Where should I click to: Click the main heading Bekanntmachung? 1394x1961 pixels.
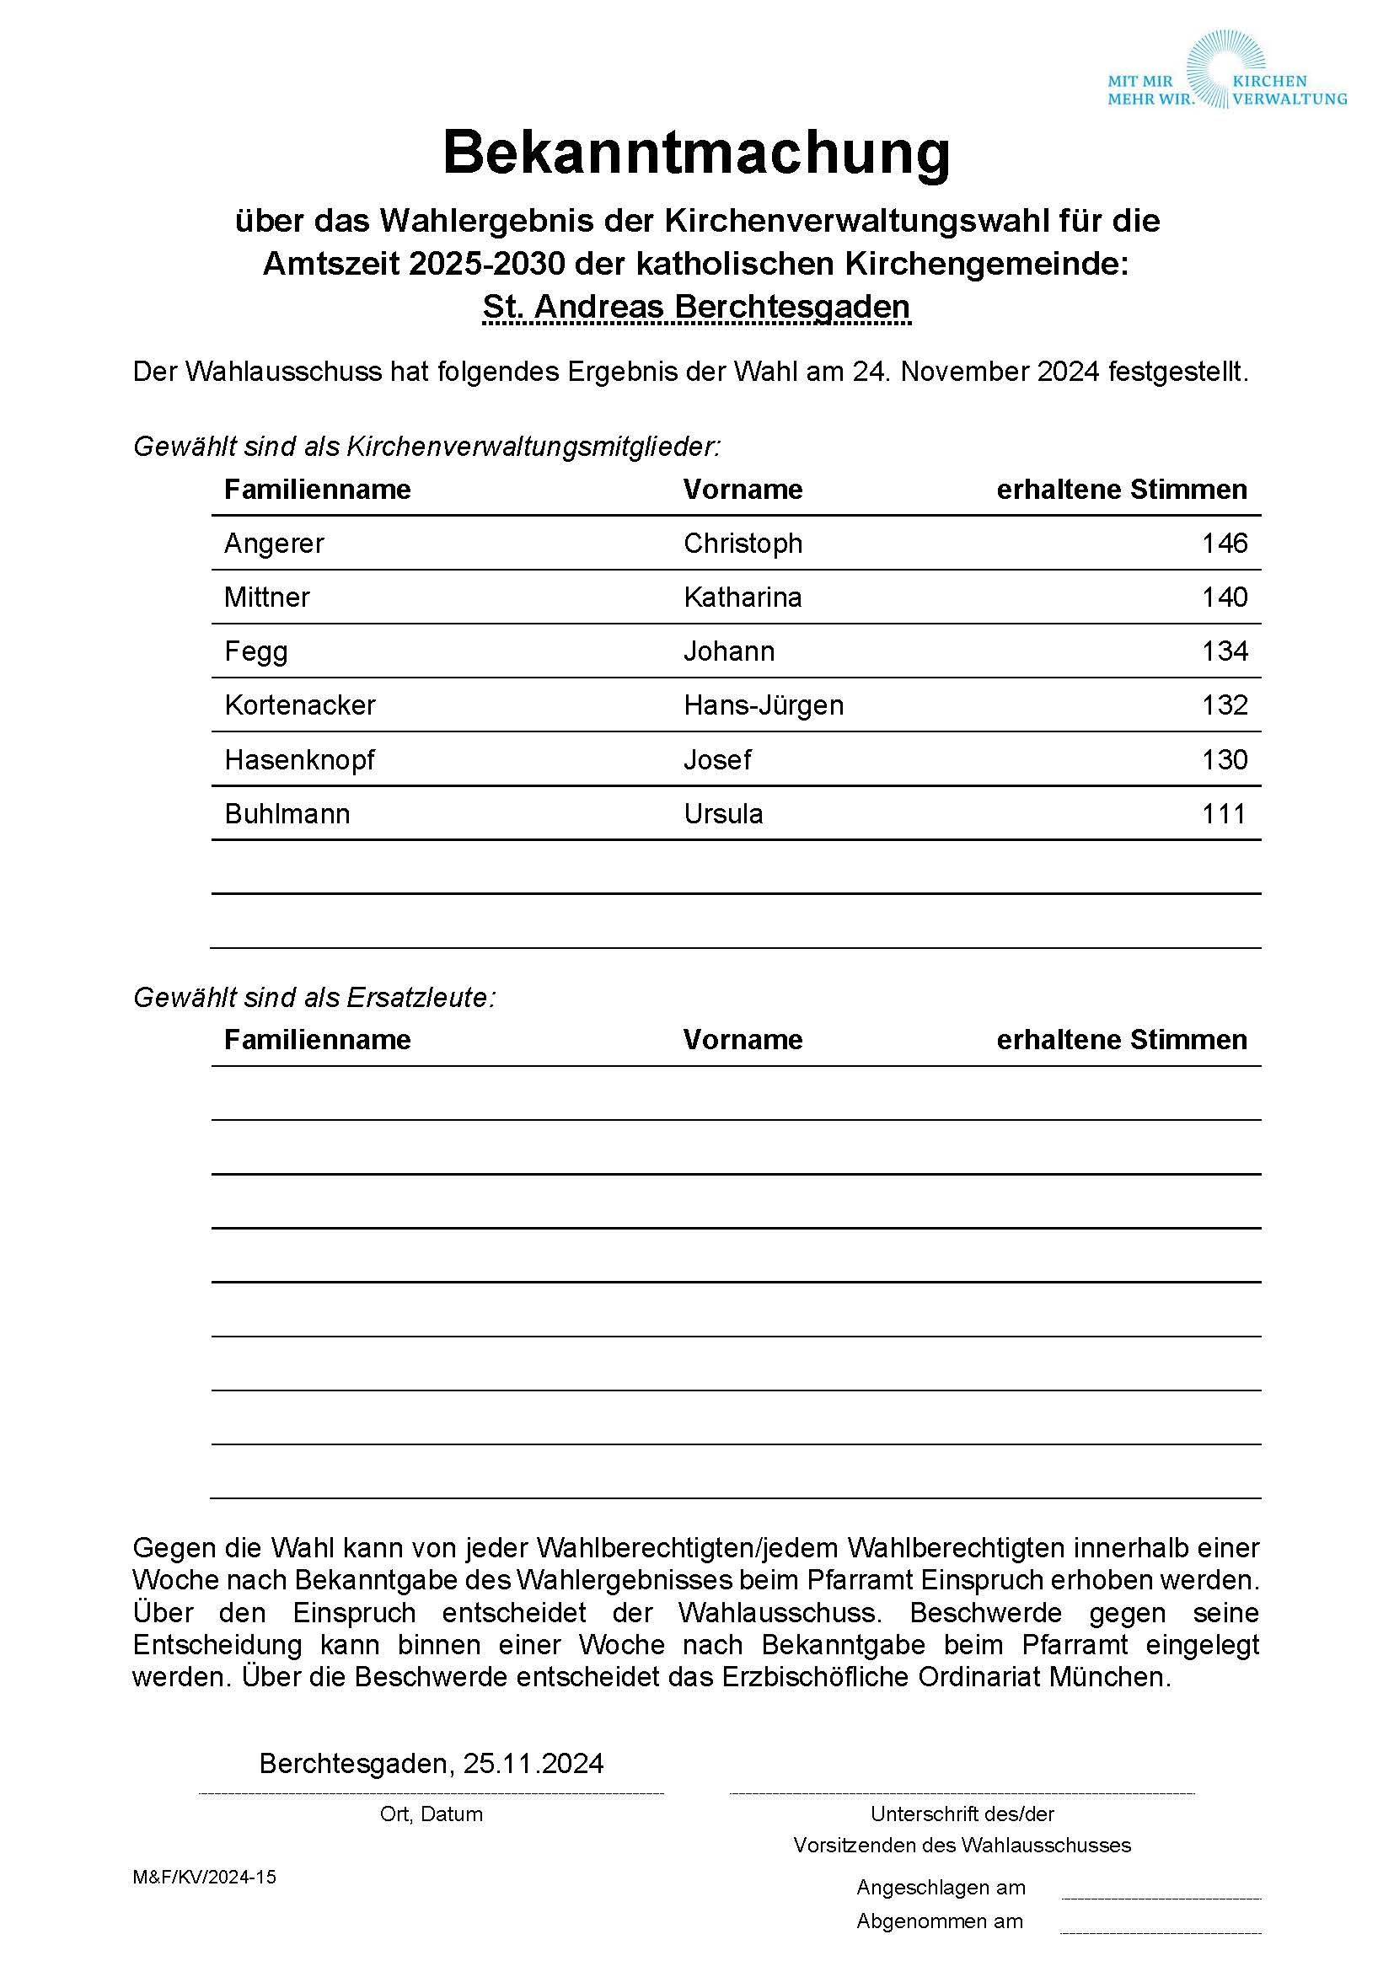click(x=696, y=153)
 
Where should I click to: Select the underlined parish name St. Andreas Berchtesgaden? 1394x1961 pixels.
click(x=696, y=308)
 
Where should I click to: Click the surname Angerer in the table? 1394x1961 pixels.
click(x=274, y=544)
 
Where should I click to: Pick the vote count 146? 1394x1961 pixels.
click(x=1224, y=544)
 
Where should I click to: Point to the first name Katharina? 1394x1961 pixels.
click(x=743, y=597)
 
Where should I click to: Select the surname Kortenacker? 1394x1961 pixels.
click(x=299, y=705)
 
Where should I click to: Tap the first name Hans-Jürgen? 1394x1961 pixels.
click(x=763, y=705)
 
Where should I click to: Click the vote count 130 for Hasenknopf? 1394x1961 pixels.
click(x=1224, y=759)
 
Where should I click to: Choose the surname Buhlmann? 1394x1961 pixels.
click(x=287, y=813)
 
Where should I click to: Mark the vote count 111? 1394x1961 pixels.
click(x=1224, y=813)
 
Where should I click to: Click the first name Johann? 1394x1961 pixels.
click(x=729, y=651)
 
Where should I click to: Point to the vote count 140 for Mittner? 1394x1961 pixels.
click(x=1224, y=597)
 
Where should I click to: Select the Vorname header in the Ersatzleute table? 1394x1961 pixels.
click(x=743, y=1039)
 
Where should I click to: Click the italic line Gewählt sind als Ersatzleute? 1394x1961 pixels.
click(x=314, y=997)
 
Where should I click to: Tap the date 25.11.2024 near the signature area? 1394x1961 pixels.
click(x=533, y=1764)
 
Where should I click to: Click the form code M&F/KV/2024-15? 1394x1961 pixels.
click(x=204, y=1877)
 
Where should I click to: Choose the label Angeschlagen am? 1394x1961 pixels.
click(x=941, y=1887)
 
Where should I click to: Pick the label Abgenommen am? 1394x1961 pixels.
click(x=939, y=1921)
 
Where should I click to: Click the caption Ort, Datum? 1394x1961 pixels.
click(x=431, y=1814)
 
